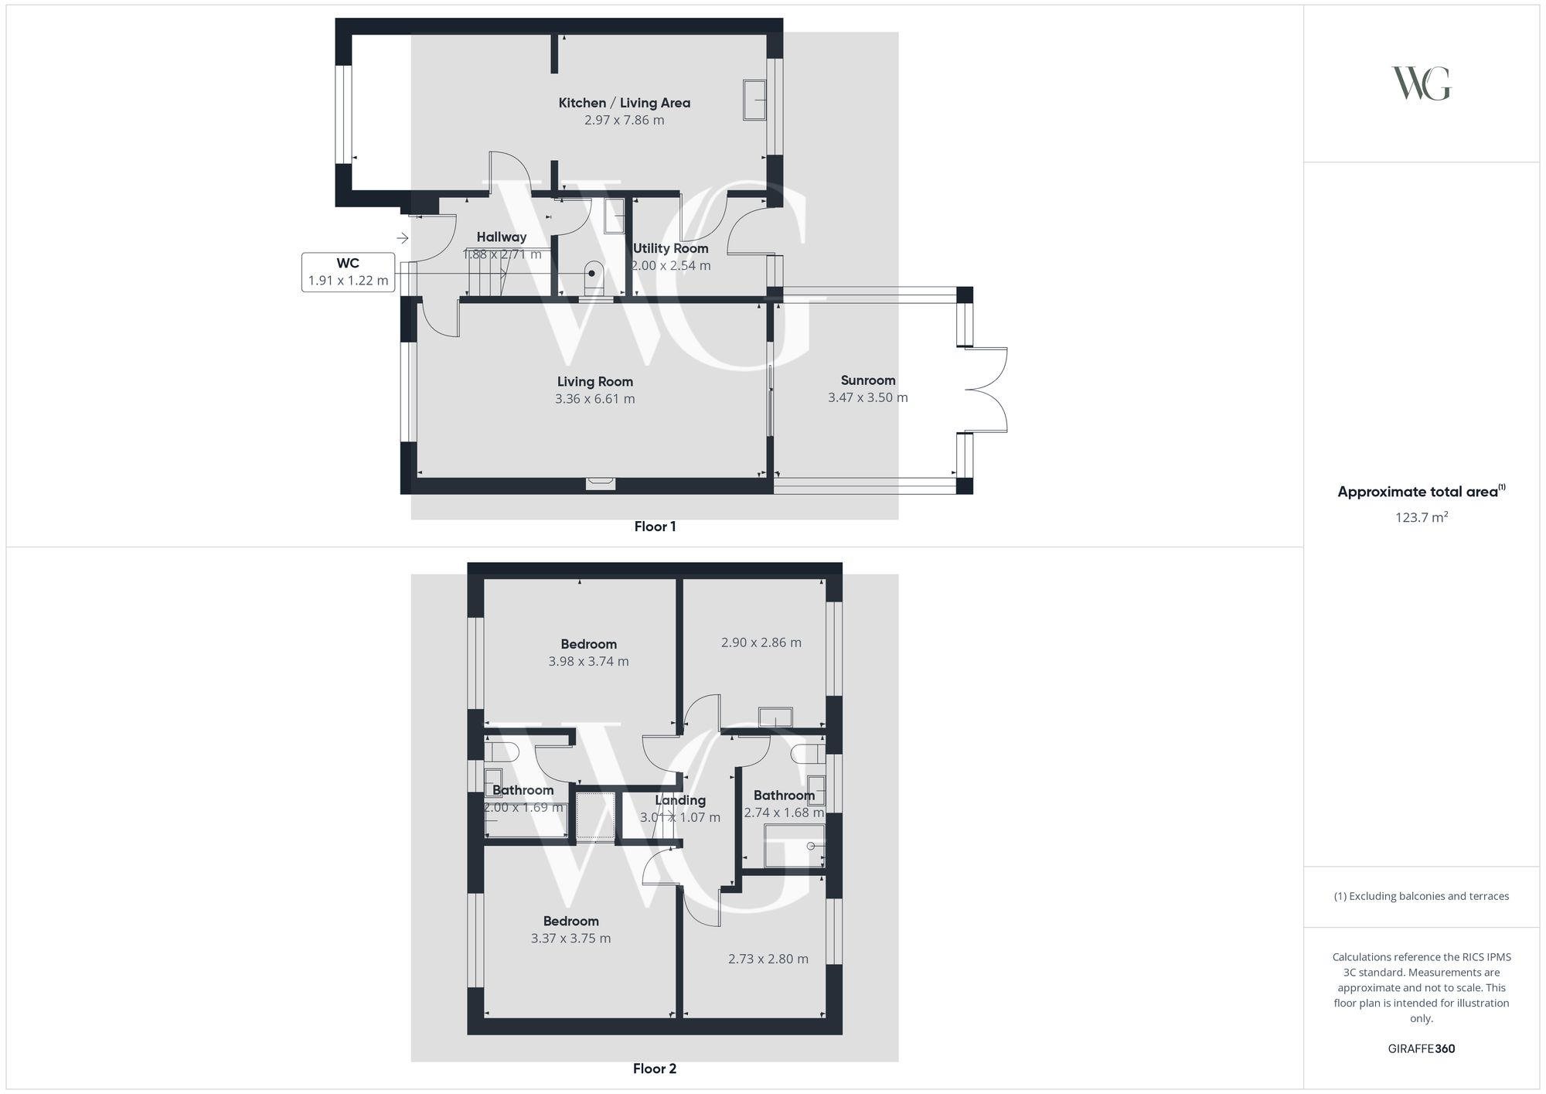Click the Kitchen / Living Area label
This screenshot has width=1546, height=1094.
click(x=624, y=103)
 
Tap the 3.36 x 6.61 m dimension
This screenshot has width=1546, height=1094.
click(x=594, y=399)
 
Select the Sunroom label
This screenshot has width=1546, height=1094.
click(x=867, y=380)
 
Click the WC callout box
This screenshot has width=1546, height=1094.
click(x=348, y=272)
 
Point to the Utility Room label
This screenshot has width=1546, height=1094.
click(x=670, y=248)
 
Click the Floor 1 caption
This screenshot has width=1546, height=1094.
click(x=655, y=527)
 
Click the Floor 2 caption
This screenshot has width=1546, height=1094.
click(x=654, y=1068)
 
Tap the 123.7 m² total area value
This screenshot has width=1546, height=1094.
click(x=1421, y=517)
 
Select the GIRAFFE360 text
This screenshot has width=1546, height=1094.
click(x=1421, y=1048)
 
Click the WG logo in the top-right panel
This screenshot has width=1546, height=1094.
click(x=1421, y=83)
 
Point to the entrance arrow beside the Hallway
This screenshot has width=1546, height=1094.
click(x=402, y=238)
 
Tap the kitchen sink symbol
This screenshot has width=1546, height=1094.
click(x=754, y=100)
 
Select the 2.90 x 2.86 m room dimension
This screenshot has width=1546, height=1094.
click(x=761, y=642)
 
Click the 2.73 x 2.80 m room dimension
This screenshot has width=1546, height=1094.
click(x=768, y=959)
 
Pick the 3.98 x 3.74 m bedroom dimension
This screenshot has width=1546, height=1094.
click(x=588, y=662)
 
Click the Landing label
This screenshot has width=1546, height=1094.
click(x=680, y=800)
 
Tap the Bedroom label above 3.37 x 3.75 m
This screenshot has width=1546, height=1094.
click(x=570, y=921)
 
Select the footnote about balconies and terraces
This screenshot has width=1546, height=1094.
click(x=1421, y=896)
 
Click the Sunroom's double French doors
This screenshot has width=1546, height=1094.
click(x=986, y=390)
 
